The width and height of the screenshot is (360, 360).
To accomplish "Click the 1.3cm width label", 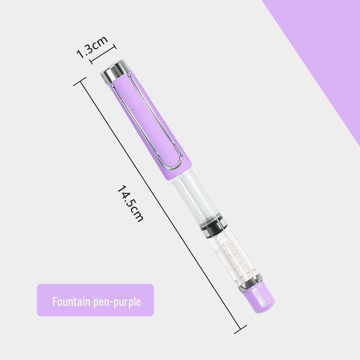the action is [92, 47].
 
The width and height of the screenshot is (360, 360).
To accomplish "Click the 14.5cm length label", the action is [130, 203].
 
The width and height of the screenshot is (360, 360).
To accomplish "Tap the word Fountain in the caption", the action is [71, 301].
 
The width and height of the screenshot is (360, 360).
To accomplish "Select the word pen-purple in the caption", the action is [117, 302].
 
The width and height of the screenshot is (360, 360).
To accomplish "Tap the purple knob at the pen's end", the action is [260, 298].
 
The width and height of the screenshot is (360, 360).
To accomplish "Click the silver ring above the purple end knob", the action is [250, 283].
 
